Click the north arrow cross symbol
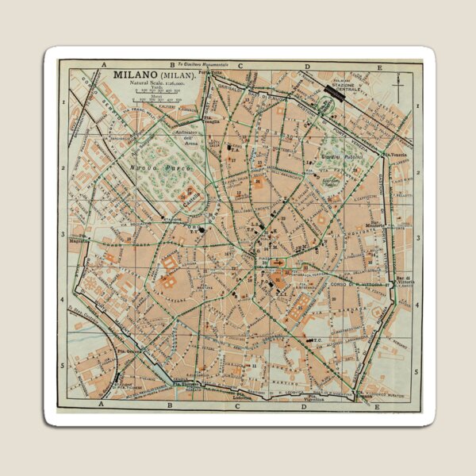click(x=398, y=79)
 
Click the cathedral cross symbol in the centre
click(x=278, y=262)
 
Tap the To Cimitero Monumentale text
click(x=202, y=63)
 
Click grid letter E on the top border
click(x=378, y=67)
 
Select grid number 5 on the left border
click(x=63, y=366)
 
